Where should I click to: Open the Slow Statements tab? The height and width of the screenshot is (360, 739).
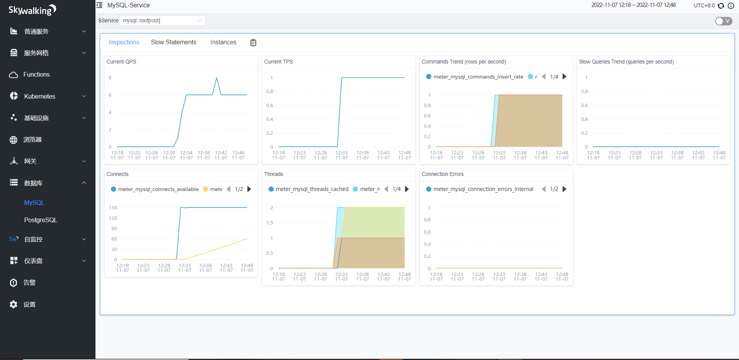(173, 42)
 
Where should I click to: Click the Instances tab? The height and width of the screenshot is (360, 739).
(223, 42)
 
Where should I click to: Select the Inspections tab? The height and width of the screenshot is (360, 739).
(124, 42)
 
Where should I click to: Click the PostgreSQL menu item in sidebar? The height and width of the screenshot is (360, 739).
(40, 220)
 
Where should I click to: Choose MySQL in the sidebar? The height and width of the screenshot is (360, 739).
(34, 203)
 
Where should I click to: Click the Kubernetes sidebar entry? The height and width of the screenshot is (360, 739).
(40, 96)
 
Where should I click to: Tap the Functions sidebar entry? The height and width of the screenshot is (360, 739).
(37, 75)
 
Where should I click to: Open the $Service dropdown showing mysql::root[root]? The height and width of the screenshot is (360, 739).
(162, 20)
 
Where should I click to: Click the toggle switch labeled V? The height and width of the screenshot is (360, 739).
(723, 21)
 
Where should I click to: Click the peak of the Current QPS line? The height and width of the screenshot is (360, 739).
(217, 78)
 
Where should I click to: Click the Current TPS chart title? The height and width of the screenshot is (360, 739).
(278, 62)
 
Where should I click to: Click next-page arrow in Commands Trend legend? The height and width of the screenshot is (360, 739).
(565, 77)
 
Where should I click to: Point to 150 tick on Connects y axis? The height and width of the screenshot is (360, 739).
(113, 208)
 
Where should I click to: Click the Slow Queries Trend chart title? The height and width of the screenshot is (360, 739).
(626, 62)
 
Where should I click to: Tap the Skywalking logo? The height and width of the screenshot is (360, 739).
(32, 10)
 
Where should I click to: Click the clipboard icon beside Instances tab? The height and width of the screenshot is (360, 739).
(253, 43)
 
